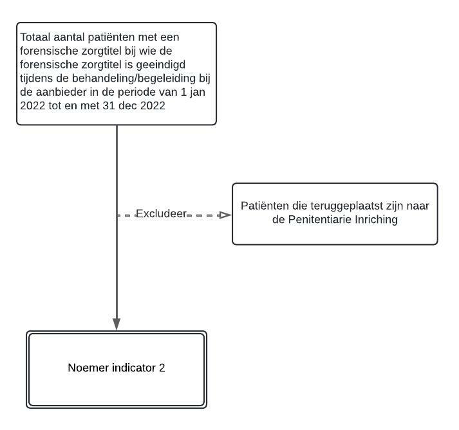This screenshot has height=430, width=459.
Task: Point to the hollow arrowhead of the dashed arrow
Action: tap(225, 215)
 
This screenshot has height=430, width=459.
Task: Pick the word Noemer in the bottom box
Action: tap(85, 368)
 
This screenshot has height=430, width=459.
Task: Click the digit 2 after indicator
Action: tap(162, 368)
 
